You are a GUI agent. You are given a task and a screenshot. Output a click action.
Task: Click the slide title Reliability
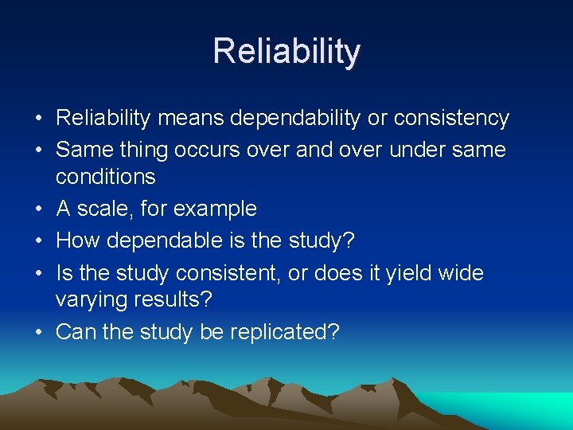pos(286,52)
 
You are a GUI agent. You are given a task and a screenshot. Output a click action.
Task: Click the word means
pos(192,119)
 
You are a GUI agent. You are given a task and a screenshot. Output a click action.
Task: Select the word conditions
pos(106,176)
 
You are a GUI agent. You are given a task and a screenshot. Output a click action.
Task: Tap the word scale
pos(105,209)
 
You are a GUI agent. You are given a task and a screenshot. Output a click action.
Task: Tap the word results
pos(179,300)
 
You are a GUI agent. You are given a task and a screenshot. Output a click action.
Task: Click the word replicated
pos(284,331)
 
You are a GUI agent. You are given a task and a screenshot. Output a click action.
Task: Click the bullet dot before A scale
pos(39,209)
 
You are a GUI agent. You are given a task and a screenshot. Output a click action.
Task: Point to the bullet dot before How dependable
pos(39,240)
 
